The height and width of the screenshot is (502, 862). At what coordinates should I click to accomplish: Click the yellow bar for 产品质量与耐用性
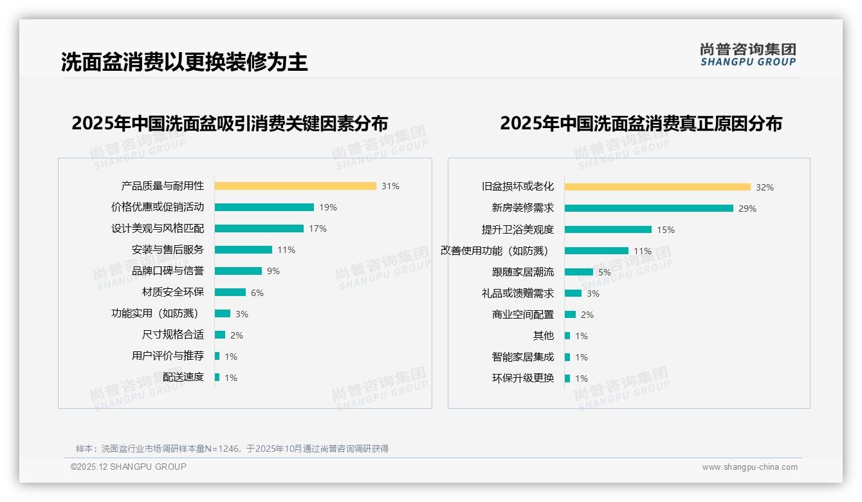295,186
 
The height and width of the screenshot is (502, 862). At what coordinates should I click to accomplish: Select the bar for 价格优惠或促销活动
264,207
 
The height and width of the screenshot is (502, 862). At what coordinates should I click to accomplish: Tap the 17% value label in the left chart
318,228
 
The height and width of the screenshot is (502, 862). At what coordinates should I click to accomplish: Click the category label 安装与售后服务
168,250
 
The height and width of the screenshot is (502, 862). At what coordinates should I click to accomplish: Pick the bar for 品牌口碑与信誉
238,271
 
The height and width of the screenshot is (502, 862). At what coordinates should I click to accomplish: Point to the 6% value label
257,293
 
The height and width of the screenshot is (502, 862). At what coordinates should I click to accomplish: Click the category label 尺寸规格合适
173,335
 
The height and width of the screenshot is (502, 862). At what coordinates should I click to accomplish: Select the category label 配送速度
183,377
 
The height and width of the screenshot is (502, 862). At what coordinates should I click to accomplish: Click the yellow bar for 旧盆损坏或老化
657,187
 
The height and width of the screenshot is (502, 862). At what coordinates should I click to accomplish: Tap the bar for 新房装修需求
649,209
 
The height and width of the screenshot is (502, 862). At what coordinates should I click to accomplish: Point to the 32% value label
765,187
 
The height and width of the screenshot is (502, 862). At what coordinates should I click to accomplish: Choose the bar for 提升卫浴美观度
608,230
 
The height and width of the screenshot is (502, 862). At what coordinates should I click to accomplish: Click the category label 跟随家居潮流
523,272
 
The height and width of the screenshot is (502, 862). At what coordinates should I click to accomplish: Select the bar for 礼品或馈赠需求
573,293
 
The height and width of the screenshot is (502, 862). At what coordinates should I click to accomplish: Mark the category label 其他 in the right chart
544,335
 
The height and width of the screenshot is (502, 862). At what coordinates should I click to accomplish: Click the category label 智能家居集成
523,357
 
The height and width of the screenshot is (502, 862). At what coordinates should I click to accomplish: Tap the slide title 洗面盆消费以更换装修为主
185,62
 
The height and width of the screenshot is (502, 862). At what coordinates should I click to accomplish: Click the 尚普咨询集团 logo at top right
748,55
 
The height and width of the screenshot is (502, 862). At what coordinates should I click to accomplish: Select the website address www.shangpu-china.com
749,467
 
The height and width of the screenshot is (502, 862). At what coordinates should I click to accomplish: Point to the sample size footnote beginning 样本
232,449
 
